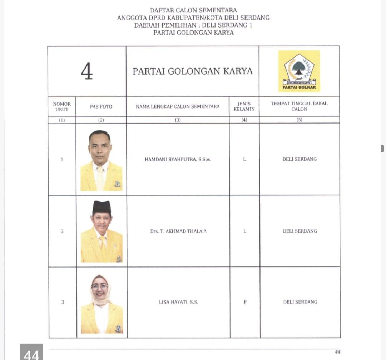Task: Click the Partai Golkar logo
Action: coord(299,71)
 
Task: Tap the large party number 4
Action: coord(87,71)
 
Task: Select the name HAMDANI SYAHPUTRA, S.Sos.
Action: coord(178,159)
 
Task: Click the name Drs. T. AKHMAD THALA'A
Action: coord(178,231)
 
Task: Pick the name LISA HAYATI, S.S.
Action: coord(178,302)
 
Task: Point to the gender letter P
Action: coord(245,302)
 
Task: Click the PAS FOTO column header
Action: coord(101,106)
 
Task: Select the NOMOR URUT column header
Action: coord(62,106)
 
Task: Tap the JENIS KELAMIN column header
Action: coord(244,106)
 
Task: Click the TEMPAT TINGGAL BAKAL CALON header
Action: coord(299,106)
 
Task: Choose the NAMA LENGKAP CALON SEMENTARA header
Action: coord(178,106)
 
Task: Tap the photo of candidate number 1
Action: coord(101,160)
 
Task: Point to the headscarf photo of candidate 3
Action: coord(102,304)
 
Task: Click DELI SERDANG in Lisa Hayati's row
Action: coord(300,302)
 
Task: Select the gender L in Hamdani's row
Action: coord(244,159)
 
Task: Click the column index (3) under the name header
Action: coord(178,120)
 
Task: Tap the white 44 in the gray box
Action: coord(31,354)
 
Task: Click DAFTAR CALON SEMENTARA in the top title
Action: coord(193,10)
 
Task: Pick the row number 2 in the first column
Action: coord(62,231)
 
